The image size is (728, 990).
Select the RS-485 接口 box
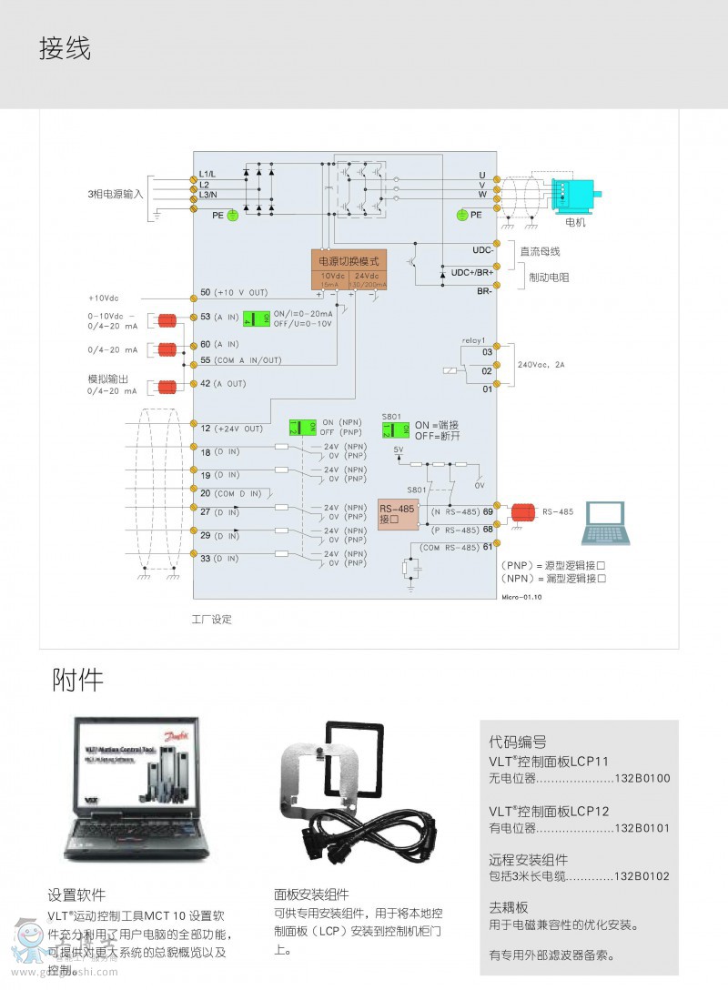397,514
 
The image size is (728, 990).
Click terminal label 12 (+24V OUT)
231,429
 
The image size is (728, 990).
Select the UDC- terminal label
482,249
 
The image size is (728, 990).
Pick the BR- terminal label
484,291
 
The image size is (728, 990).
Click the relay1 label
474,340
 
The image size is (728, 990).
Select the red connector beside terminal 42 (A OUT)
167,387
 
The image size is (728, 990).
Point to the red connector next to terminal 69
522,512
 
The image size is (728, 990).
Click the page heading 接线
65,47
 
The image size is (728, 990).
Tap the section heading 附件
77,680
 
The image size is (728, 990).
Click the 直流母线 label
540,251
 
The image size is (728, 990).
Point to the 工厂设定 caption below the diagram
211,620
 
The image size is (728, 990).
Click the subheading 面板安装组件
311,894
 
